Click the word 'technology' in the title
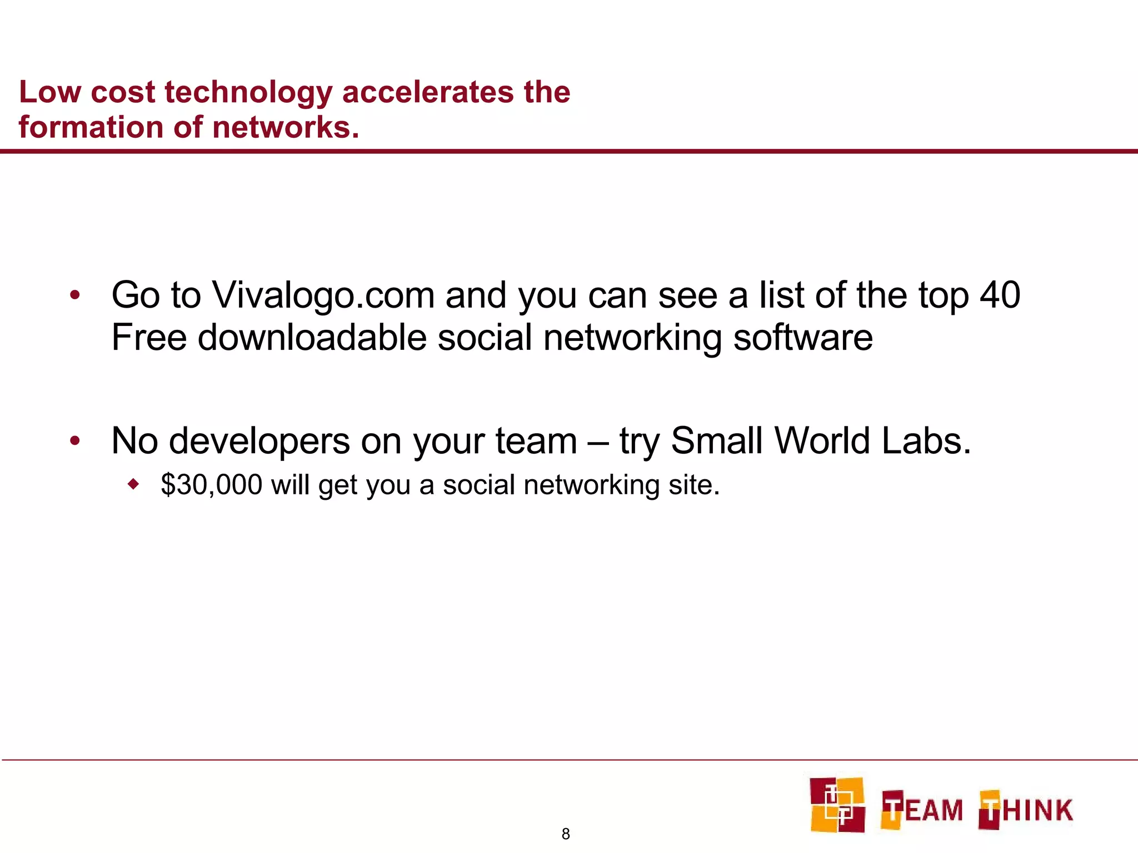click(248, 93)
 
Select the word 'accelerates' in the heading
click(428, 92)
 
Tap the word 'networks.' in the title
click(286, 127)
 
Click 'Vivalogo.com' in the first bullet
click(323, 295)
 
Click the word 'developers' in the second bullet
click(259, 441)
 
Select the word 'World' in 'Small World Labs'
click(822, 441)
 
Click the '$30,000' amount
click(211, 485)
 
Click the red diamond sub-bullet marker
click(133, 484)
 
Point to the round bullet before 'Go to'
click(75, 295)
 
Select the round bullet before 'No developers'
click(75, 441)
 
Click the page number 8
click(566, 834)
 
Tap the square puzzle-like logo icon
click(837, 805)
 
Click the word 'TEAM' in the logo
click(922, 809)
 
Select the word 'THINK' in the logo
click(1026, 809)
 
